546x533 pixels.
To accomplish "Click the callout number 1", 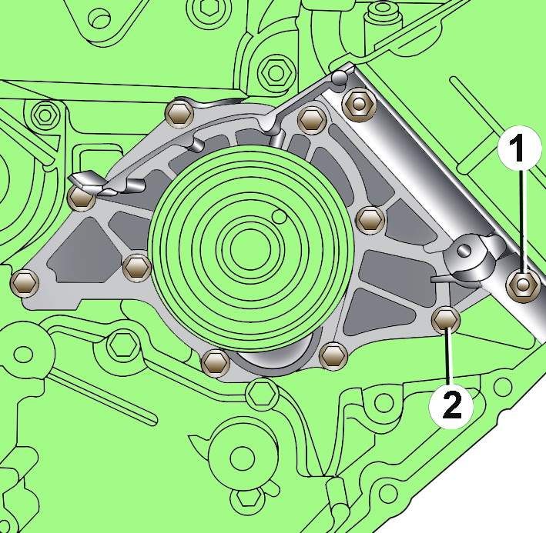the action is (519, 148).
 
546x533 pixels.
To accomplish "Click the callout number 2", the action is (451, 405).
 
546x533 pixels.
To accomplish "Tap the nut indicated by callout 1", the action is (521, 285).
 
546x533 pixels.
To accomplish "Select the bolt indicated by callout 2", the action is (445, 319).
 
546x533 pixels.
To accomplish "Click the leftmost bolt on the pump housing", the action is (24, 282).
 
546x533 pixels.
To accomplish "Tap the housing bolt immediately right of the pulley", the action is (370, 219).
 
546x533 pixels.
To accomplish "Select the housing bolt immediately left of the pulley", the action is (137, 267).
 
